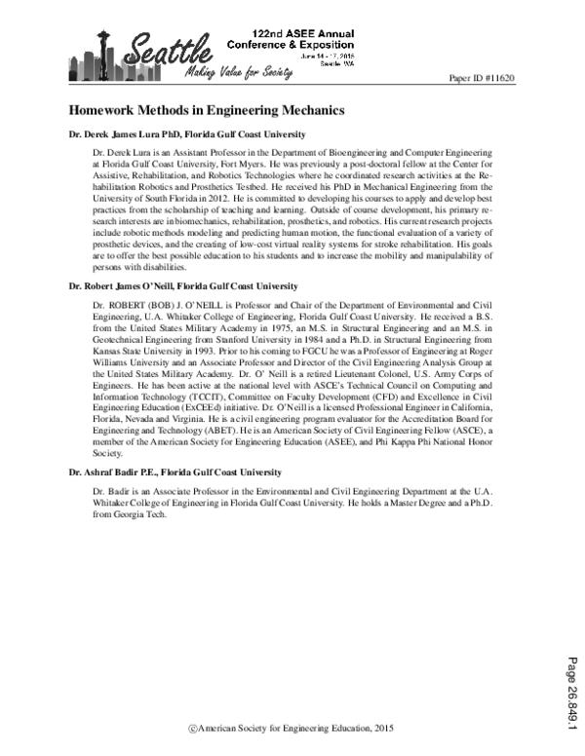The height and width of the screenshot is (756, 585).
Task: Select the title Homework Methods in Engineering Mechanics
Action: pos(206,112)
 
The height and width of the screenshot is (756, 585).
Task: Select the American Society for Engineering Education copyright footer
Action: pos(292,728)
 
